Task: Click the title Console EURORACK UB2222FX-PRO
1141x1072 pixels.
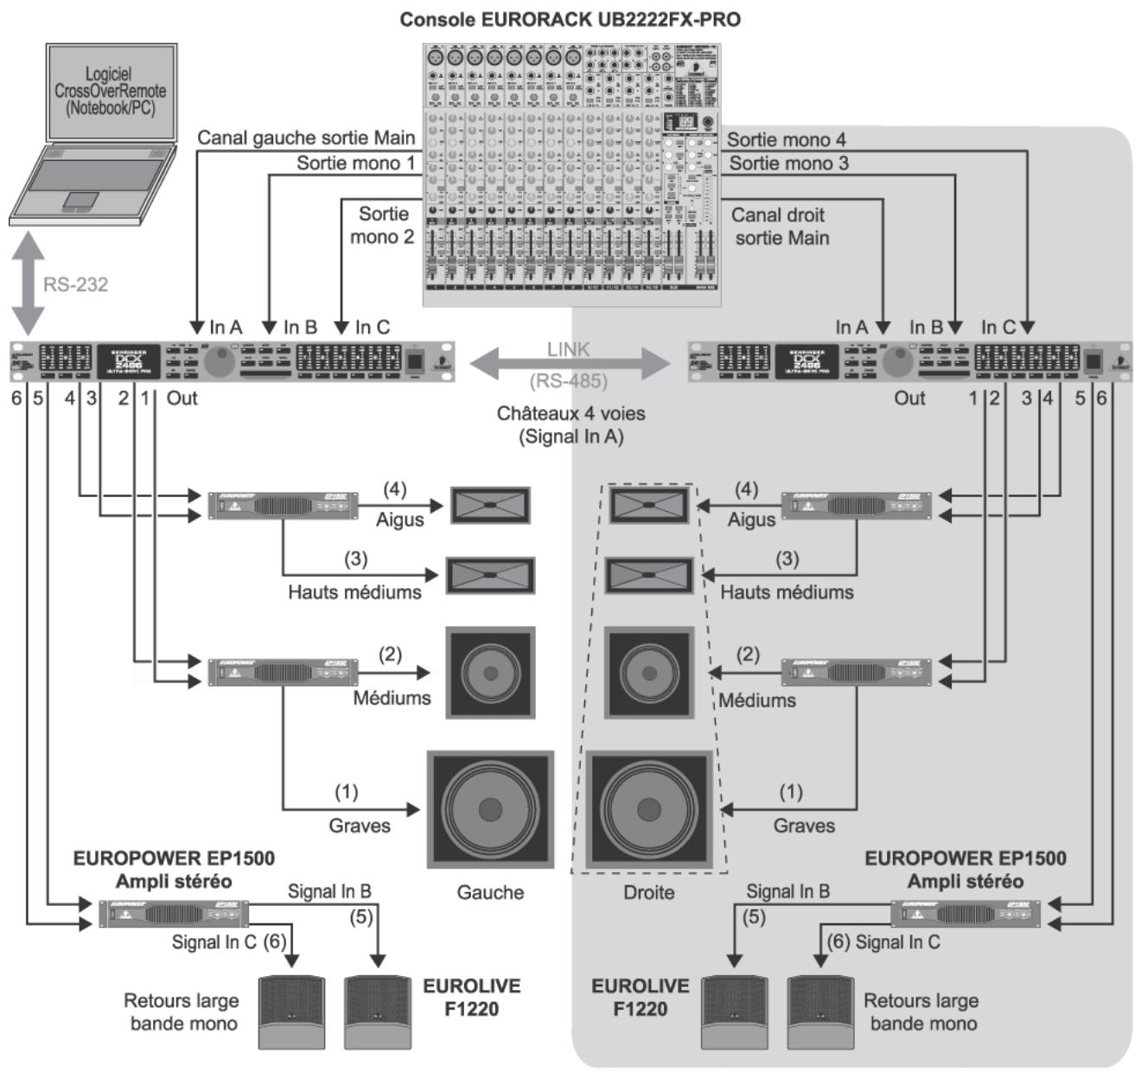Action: [x=570, y=19]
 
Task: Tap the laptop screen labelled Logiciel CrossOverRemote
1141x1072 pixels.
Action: [x=111, y=92]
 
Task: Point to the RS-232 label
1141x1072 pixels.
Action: [x=75, y=284]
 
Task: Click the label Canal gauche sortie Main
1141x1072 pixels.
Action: [x=306, y=138]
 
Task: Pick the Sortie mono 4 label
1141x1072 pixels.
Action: [x=786, y=139]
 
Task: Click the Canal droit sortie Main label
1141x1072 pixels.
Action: [x=780, y=227]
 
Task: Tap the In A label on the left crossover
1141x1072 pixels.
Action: [x=226, y=327]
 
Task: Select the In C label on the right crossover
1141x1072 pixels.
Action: [x=998, y=327]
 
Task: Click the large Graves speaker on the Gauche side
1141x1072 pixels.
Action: [x=490, y=809]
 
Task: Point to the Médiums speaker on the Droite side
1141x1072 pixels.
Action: [x=649, y=673]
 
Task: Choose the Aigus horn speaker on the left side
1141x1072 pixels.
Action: [x=490, y=505]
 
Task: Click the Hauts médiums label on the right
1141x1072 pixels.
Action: [x=787, y=592]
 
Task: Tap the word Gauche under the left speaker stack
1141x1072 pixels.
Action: [x=490, y=892]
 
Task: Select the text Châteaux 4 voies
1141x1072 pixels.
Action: [x=570, y=413]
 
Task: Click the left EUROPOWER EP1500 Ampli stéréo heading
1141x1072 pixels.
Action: [x=174, y=870]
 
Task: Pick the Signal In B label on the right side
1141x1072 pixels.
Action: [x=787, y=891]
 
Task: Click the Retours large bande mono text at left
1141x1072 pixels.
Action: [x=182, y=1012]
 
